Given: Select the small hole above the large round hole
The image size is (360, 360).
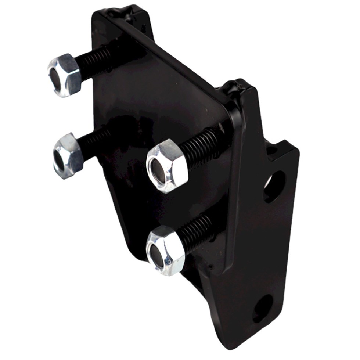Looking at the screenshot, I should (271, 150).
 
